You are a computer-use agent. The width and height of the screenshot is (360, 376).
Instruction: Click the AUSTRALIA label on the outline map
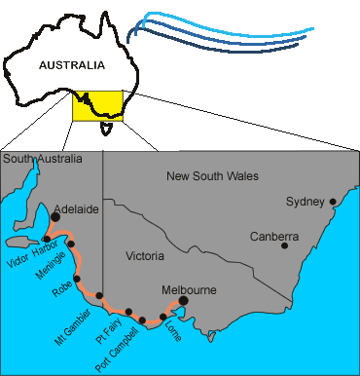71,66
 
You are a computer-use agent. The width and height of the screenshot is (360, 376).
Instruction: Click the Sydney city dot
333,203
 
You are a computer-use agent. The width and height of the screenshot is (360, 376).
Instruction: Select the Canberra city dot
284,245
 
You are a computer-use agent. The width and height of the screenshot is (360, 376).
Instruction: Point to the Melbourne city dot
182,301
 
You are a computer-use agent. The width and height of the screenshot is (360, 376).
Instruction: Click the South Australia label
42,158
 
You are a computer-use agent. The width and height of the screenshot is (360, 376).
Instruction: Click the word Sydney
305,202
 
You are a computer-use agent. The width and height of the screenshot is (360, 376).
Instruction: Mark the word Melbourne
189,289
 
